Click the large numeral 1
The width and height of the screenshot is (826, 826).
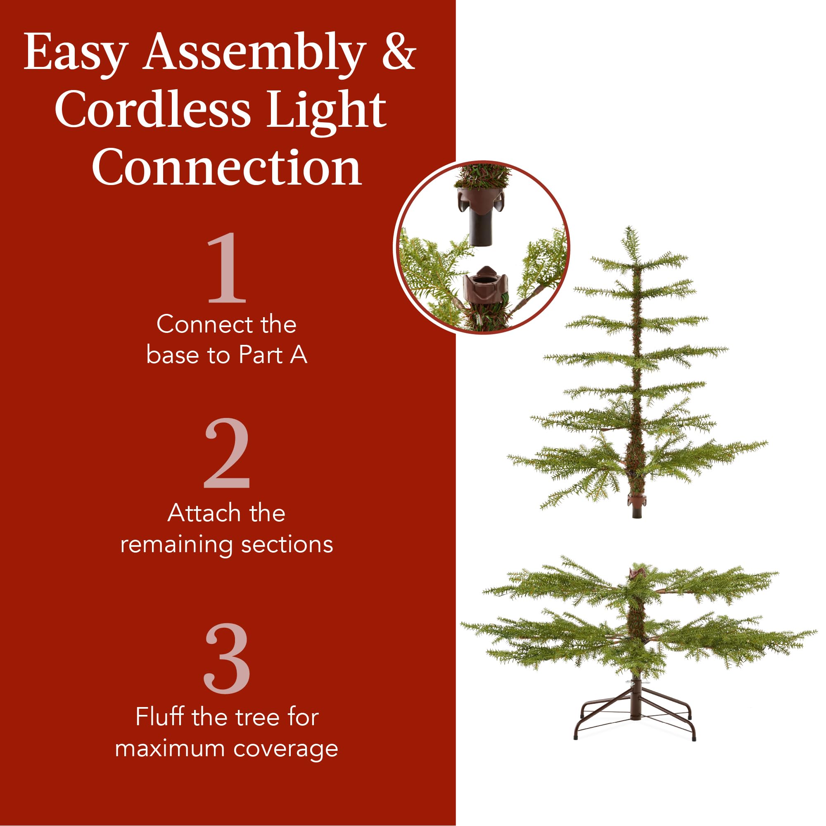coord(227,268)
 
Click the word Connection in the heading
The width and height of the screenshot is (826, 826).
coord(227,168)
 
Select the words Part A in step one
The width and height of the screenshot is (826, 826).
coord(272,355)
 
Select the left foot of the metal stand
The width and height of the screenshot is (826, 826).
coord(576,736)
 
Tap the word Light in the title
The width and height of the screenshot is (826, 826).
coord(327,110)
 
